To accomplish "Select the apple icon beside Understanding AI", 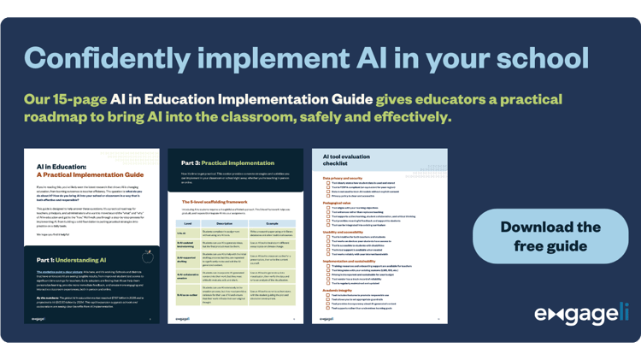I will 149,254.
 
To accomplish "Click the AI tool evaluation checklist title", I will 350,162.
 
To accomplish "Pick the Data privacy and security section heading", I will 347,178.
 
